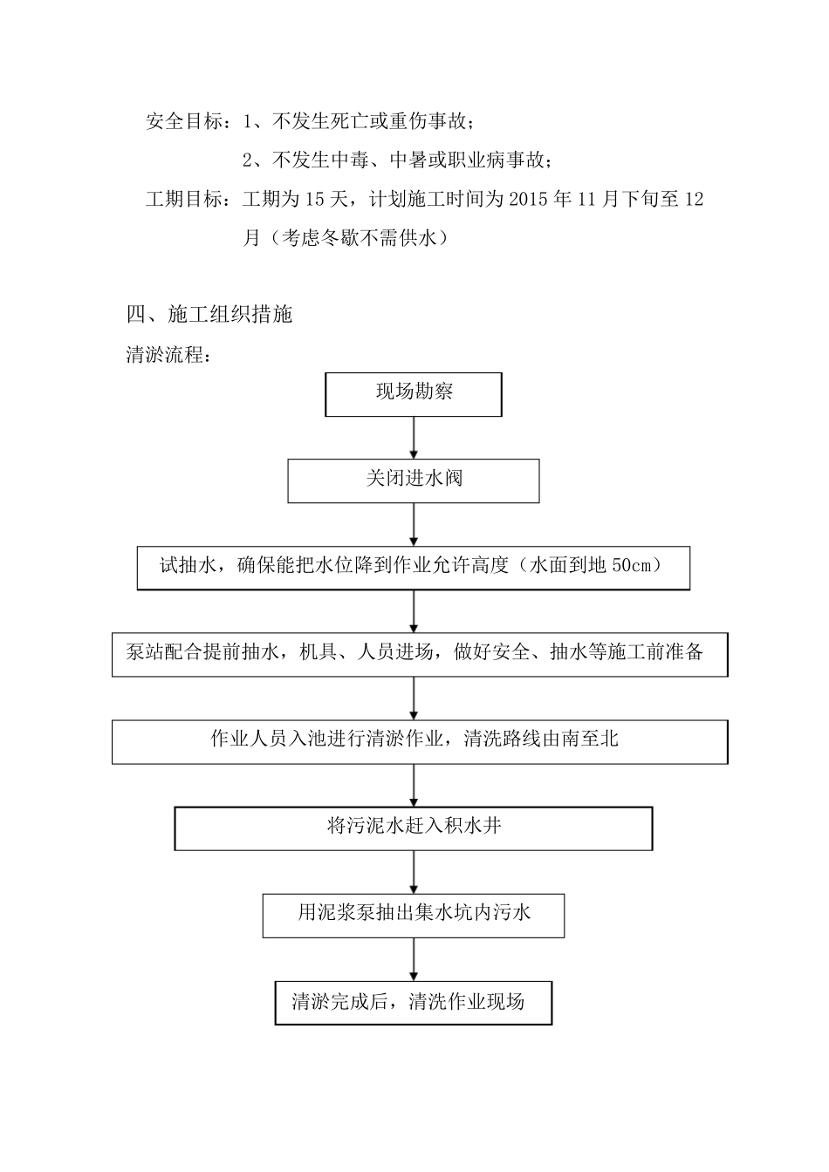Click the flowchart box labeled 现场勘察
(414, 393)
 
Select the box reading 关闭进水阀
(414, 480)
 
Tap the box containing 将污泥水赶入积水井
(414, 827)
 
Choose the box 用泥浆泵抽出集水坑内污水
(414, 914)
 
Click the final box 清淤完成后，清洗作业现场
(414, 1002)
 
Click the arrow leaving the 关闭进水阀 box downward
(414, 524)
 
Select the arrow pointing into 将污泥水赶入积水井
(414, 785)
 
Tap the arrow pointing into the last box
(414, 959)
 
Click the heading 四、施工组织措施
(209, 315)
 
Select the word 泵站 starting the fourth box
(145, 652)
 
